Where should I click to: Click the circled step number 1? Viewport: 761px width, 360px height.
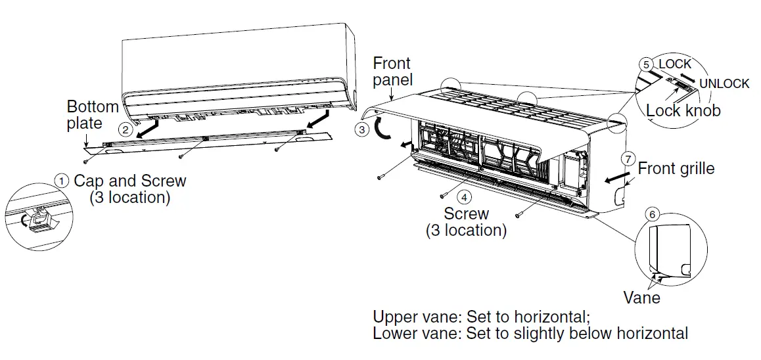tap(61, 180)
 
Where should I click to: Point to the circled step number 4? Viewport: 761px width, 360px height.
tap(465, 196)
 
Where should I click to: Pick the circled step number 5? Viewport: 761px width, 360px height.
tap(647, 64)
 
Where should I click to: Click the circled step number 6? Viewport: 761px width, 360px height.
tap(651, 214)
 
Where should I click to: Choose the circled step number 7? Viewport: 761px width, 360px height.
tap(628, 160)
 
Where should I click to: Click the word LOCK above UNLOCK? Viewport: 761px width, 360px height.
tap(675, 64)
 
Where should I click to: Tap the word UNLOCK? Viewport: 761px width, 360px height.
tap(724, 83)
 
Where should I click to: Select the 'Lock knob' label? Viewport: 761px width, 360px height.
tap(683, 110)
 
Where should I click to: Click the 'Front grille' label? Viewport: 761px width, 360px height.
tap(676, 169)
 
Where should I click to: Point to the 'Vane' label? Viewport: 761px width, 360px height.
tap(641, 298)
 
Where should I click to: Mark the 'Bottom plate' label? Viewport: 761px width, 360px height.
tap(93, 115)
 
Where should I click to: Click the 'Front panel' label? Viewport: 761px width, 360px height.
tap(392, 72)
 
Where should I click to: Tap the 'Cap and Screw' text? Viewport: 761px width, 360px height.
tap(129, 181)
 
